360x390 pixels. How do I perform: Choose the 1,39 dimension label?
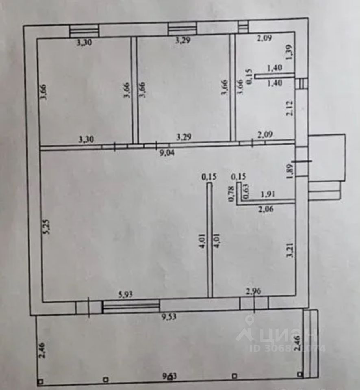[290, 52]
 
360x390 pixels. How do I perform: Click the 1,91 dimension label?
[269, 194]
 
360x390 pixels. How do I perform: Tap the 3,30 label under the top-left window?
[85, 42]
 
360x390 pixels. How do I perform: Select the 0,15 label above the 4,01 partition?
[209, 177]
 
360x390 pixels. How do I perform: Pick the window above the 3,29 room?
[182, 28]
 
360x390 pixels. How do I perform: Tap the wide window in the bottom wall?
[131, 307]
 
